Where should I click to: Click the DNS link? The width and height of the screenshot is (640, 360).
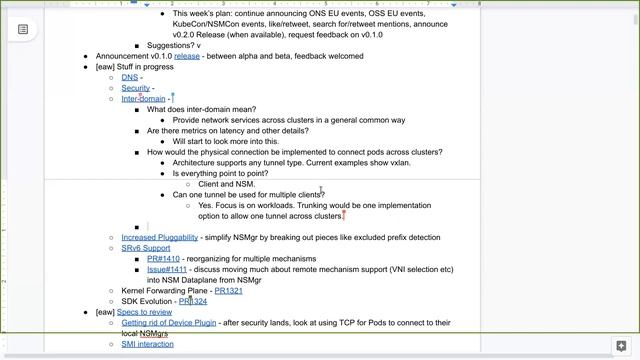130,77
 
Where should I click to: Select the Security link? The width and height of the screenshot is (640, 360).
136,88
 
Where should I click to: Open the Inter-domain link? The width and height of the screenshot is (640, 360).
143,99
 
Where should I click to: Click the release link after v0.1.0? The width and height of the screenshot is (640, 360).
187,56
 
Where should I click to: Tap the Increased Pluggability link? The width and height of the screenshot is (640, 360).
159,238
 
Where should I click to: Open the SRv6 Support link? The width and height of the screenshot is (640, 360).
146,248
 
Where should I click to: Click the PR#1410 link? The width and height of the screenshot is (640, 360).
163,259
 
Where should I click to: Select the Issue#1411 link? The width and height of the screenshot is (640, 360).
167,270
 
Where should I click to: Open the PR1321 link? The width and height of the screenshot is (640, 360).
228,291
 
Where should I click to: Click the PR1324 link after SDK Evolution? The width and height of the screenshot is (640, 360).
193,302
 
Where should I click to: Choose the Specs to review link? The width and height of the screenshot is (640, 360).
145,312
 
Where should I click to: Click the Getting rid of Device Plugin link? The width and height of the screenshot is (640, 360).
168,323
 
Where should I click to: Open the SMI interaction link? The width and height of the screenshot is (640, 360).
147,344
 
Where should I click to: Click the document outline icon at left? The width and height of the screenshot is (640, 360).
23,29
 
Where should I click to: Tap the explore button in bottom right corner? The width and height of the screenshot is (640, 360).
620,346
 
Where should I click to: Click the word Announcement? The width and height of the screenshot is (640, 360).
121,56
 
